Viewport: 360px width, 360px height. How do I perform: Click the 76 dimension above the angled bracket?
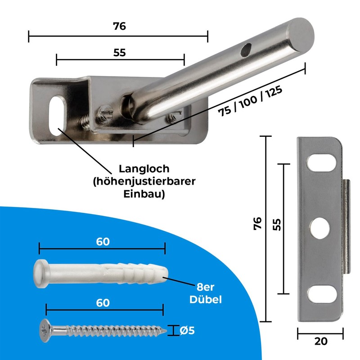click(119, 26)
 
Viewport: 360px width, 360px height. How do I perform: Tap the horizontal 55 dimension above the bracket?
click(119, 52)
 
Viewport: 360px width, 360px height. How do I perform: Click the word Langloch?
click(144, 169)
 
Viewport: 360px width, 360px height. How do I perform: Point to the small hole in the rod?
click(245, 50)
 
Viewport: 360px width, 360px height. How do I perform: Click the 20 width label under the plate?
click(320, 341)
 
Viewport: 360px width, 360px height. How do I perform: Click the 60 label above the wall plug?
click(103, 242)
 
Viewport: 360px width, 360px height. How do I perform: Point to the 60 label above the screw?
click(103, 303)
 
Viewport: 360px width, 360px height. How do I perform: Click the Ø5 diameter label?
click(187, 331)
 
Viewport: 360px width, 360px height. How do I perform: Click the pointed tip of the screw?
click(170, 333)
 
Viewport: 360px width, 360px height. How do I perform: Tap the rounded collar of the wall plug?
click(40, 274)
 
